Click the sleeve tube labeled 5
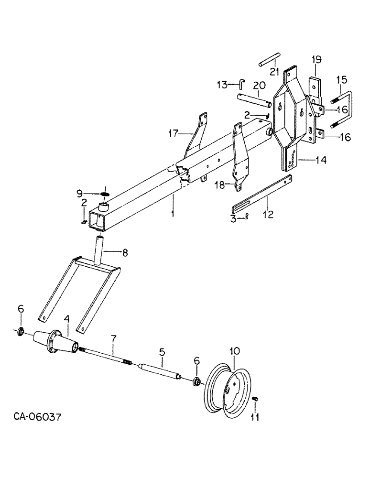click(160, 373)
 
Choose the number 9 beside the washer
click(80, 194)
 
